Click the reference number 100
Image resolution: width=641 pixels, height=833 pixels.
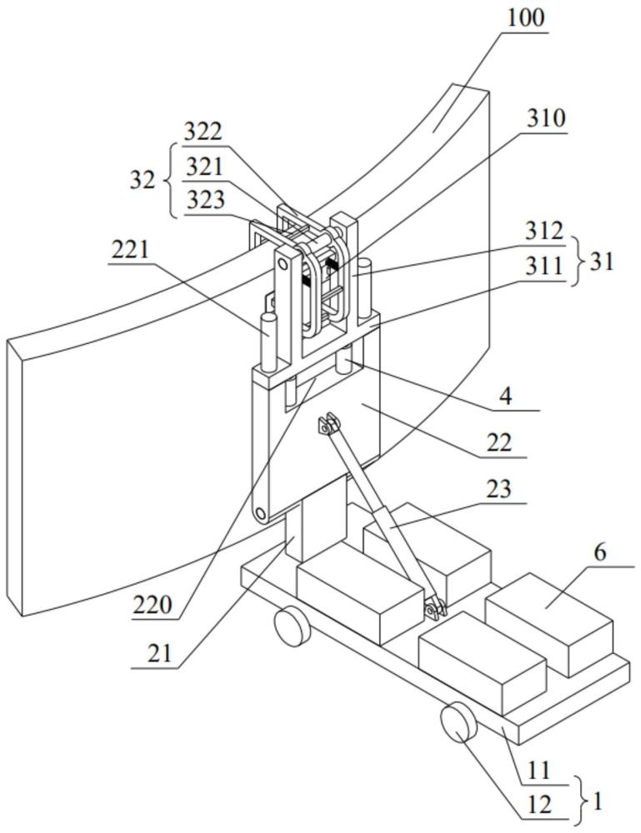coord(526,17)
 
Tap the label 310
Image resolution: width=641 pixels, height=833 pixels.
coord(546,118)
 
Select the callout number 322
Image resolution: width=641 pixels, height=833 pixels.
coord(203,132)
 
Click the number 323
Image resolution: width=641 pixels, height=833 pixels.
coord(205,200)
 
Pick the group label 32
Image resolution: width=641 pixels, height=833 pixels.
coord(143,181)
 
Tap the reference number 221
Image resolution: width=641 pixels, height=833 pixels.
coord(130,248)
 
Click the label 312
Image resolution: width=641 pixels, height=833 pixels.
coord(543,231)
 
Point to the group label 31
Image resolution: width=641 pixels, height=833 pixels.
coord(601,262)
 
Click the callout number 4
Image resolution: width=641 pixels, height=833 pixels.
coord(506,397)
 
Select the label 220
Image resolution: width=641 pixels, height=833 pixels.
coord(153,605)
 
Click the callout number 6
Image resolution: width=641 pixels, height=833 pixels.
coord(599,552)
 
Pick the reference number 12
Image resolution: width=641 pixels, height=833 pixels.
coord(539,806)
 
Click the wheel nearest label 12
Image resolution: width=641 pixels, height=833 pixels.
coord(458,721)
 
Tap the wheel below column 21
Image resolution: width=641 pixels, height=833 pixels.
coord(292,627)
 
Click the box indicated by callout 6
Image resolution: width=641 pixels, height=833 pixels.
coord(548,625)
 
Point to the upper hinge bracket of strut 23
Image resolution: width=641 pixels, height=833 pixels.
coord(328,425)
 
